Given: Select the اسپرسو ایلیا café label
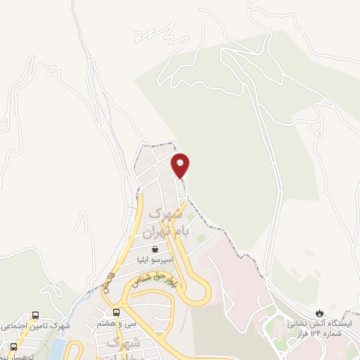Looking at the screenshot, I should (x=154, y=259).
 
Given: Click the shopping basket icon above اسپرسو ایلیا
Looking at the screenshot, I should (x=154, y=249).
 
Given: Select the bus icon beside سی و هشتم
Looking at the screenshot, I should (x=116, y=312).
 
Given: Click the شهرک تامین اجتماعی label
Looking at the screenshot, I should (x=34, y=327).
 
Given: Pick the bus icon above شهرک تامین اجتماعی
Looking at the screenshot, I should (x=35, y=316).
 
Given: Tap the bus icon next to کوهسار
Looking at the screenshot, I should (x=13, y=347).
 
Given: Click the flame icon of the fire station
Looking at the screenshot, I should (x=319, y=313).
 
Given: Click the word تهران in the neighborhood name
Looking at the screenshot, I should (x=154, y=231).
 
